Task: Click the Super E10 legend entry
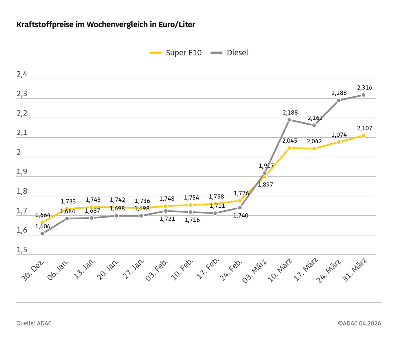176,53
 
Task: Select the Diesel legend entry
230,53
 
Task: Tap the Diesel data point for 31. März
364,95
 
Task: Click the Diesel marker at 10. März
289,120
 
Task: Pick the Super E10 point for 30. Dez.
42,222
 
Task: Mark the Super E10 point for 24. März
339,142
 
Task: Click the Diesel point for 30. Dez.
42,234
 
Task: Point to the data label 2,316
365,88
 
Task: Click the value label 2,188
290,112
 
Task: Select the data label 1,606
43,226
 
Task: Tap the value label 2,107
365,128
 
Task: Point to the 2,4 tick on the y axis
22,74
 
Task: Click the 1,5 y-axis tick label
22,250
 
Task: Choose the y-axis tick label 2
19,152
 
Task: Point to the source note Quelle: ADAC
34,323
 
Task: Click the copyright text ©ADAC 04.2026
360,323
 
